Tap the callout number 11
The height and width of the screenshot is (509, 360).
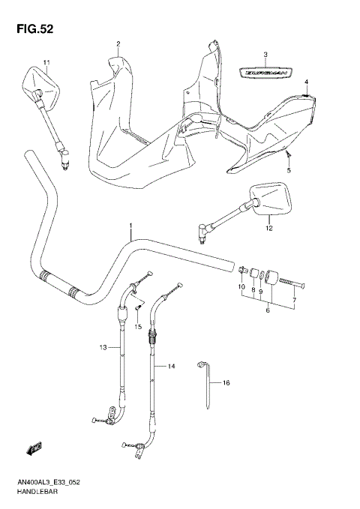click(x=46, y=62)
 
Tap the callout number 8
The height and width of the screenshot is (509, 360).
click(x=253, y=287)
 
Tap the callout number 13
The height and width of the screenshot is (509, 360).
click(x=103, y=347)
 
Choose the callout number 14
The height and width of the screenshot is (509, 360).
click(x=171, y=366)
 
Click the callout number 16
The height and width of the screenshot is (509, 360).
click(x=226, y=382)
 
